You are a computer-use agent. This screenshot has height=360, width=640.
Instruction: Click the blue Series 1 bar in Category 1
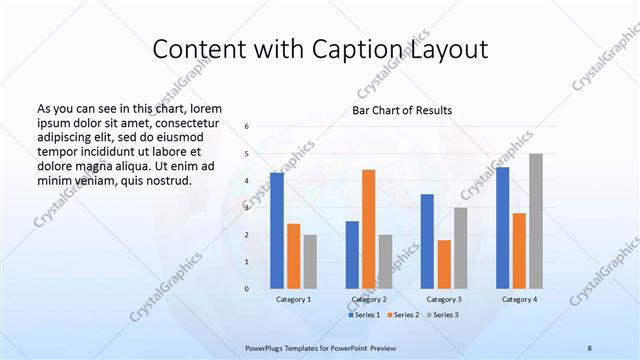tap(277, 231)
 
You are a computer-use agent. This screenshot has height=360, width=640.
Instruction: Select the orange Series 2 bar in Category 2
tap(369, 229)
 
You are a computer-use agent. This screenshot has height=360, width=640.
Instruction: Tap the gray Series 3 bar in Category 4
tap(536, 221)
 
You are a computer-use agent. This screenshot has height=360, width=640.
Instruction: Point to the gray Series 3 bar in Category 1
tap(310, 262)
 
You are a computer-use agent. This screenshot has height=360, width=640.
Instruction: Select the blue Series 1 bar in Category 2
tap(352, 255)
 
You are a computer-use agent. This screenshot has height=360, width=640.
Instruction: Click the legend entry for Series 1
tap(364, 315)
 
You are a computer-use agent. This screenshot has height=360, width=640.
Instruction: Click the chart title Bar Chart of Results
tap(402, 110)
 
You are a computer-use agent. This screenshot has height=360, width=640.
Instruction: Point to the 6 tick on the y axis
tap(246, 127)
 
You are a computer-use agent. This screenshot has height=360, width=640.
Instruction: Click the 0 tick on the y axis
tap(246, 289)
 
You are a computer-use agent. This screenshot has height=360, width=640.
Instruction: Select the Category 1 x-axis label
tap(293, 299)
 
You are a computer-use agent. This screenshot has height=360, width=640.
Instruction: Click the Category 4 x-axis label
tap(519, 299)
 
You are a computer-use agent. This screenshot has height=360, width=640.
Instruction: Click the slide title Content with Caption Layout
tap(320, 51)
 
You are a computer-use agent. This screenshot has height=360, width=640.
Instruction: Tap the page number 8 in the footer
tap(590, 346)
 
